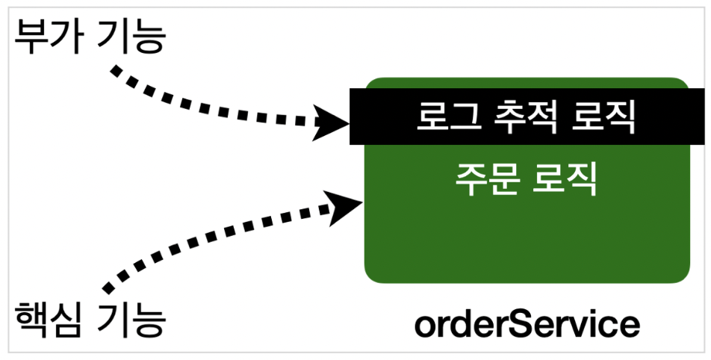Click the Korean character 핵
click(x=33, y=320)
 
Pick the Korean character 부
click(x=33, y=37)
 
